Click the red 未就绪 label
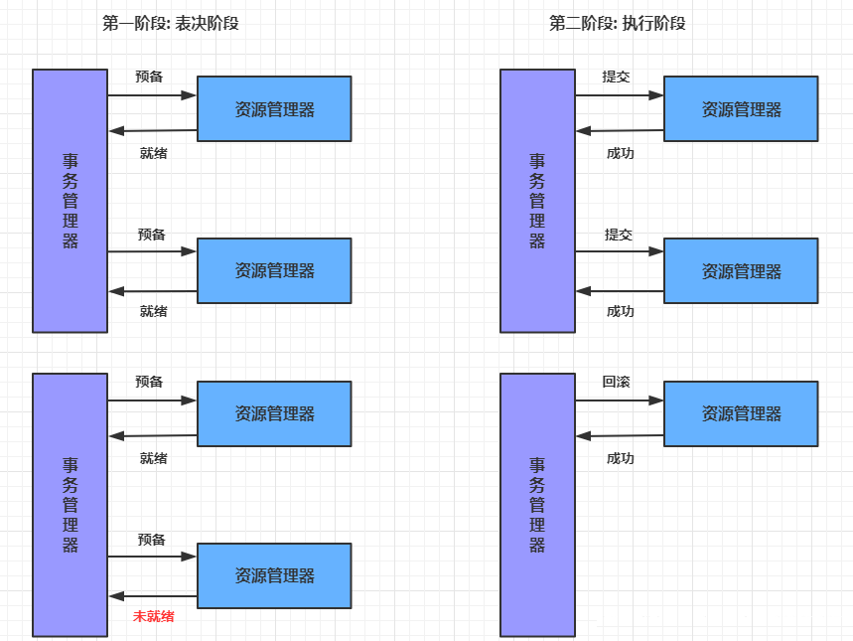[153, 616]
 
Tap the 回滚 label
[616, 382]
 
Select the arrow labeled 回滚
[619, 401]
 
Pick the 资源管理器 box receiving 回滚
[741, 413]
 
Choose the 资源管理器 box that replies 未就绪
[274, 575]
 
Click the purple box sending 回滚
[537, 504]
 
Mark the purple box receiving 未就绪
[71, 504]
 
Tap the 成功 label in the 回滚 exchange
[620, 458]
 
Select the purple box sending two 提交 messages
[537, 200]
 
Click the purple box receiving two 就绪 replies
[71, 200]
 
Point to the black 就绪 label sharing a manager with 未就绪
[153, 458]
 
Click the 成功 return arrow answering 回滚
[619, 436]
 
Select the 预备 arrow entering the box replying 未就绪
[152, 557]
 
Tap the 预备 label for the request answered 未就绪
[151, 540]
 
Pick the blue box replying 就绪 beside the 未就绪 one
[274, 413]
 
